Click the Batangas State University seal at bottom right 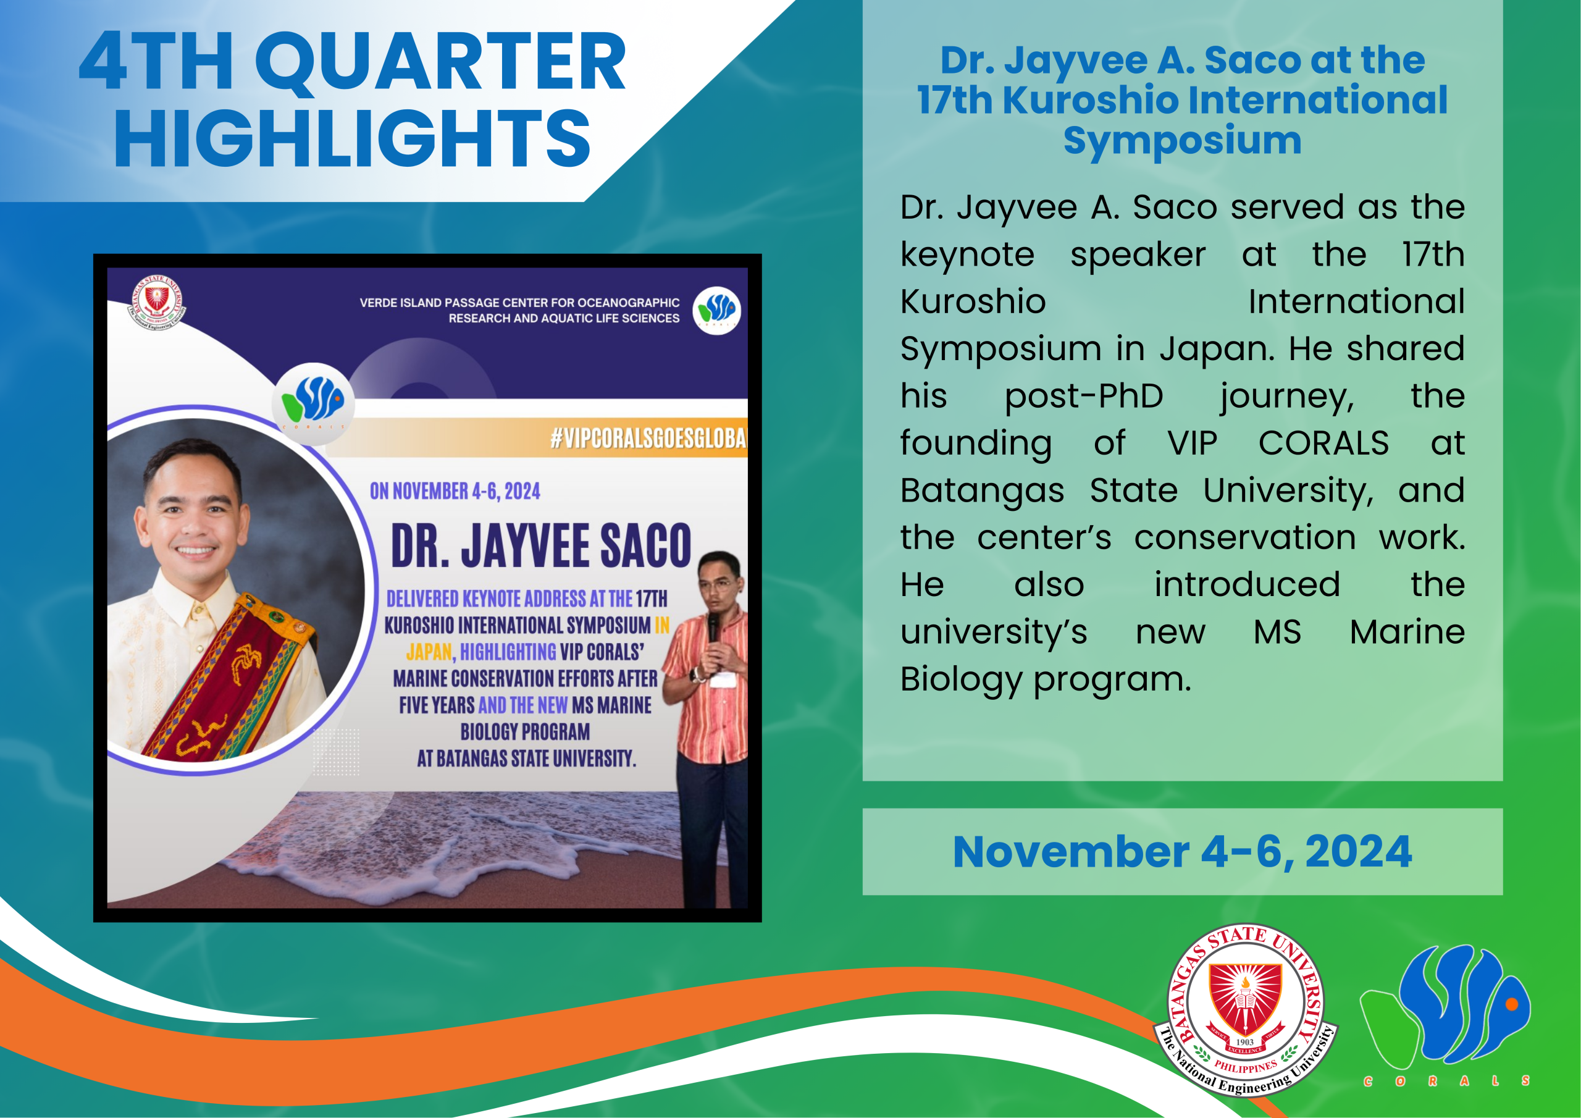[x=1246, y=1010]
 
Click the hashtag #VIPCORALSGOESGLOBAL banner [x=648, y=437]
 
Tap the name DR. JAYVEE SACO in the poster [x=541, y=545]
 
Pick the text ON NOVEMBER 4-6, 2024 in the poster [x=455, y=491]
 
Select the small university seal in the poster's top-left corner [x=157, y=303]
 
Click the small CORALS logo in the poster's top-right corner [x=717, y=310]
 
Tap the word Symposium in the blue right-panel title [x=1182, y=141]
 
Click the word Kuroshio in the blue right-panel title [x=1091, y=100]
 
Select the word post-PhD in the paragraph [x=1084, y=397]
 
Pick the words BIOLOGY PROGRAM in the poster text [x=526, y=731]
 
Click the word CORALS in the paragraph [x=1323, y=443]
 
